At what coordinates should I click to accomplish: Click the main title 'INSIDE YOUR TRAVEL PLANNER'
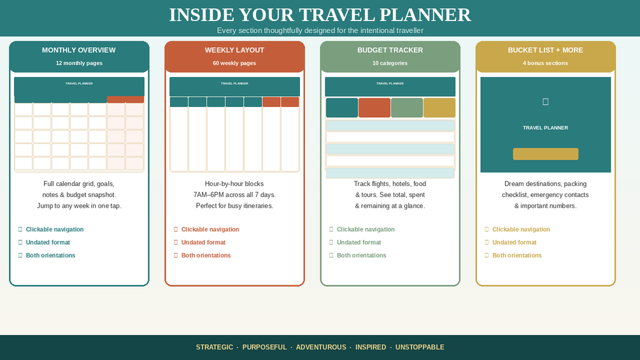point(320,15)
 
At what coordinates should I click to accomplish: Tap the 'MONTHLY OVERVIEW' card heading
point(79,50)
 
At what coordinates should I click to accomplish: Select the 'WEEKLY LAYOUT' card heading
point(234,50)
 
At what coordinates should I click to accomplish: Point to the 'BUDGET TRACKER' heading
point(390,50)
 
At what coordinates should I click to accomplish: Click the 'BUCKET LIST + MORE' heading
point(545,50)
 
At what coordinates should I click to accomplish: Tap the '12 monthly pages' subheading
point(79,63)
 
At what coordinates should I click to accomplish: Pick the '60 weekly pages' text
point(234,63)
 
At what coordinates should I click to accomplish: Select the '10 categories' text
point(390,63)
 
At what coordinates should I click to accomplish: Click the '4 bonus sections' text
point(545,63)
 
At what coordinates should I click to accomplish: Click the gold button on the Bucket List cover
point(545,154)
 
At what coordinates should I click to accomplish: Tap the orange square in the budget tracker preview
point(374,108)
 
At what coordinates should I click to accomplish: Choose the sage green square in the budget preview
point(406,108)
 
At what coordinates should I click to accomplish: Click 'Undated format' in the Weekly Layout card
point(203,243)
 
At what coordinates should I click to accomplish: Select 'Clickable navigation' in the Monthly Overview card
point(55,229)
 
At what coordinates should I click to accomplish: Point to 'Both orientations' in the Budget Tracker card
point(361,256)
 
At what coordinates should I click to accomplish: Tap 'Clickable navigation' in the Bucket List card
point(521,229)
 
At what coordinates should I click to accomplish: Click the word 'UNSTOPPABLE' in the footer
point(420,347)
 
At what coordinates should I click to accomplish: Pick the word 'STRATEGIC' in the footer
point(214,347)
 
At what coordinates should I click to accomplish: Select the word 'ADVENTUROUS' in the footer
point(321,347)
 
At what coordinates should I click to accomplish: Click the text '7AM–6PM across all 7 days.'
point(234,195)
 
